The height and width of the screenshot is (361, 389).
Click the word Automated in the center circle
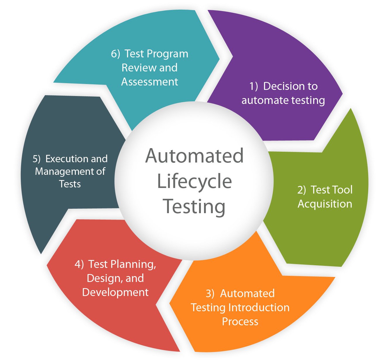point(194,156)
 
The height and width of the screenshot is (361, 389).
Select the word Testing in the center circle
point(194,207)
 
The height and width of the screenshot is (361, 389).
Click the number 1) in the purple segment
point(253,86)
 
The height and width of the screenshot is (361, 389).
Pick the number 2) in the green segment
point(301,190)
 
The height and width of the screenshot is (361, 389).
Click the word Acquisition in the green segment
point(325,204)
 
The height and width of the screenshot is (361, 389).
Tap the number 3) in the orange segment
point(210,294)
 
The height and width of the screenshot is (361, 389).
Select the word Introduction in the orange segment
point(259,307)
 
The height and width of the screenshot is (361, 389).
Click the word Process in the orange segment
point(240,321)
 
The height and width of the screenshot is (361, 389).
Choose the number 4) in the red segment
point(79,264)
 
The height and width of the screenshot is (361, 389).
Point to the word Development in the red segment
point(115,292)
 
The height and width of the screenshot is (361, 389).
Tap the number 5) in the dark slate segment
point(37,159)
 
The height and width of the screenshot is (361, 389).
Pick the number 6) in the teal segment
point(115,54)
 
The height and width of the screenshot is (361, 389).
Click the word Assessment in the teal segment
point(150,82)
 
